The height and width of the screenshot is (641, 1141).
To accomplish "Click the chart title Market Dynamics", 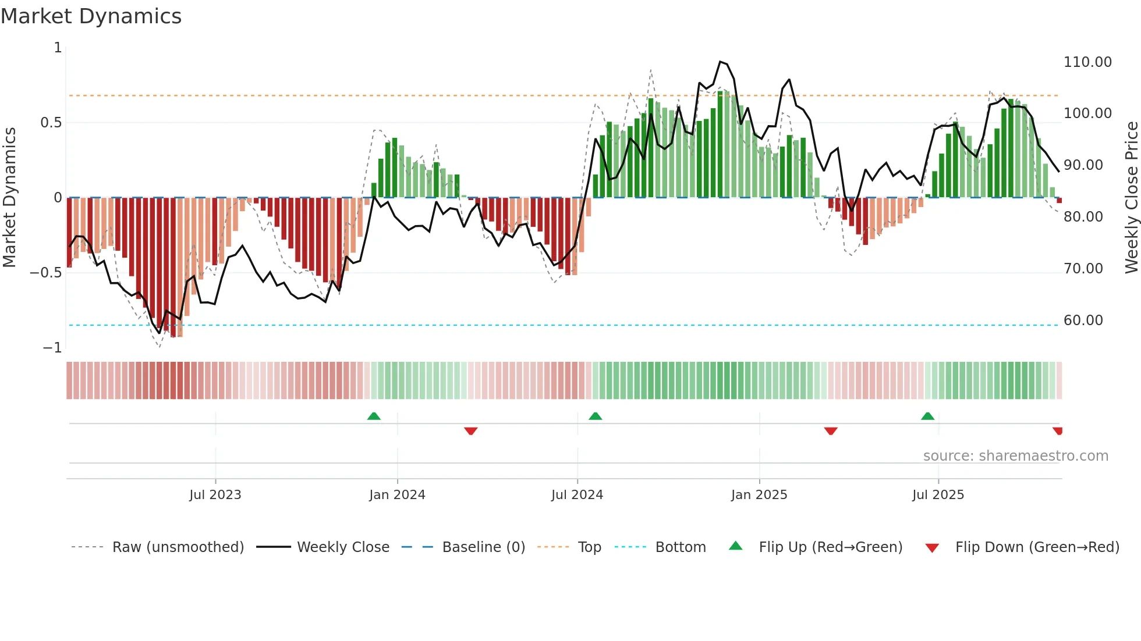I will (x=91, y=16).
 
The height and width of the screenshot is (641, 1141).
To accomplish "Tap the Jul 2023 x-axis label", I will (x=215, y=495).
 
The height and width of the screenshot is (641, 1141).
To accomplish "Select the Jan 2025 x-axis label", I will (x=759, y=495).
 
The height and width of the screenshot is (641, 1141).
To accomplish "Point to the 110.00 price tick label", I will (x=1087, y=62).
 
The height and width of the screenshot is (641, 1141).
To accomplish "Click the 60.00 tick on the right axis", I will (x=1083, y=320).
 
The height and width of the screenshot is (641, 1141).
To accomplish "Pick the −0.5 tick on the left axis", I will (x=45, y=273).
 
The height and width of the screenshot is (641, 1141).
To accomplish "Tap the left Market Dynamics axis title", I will (x=9, y=198).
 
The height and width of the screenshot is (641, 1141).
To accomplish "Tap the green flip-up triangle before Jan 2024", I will (x=374, y=416).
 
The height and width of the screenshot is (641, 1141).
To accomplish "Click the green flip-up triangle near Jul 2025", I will (x=927, y=416).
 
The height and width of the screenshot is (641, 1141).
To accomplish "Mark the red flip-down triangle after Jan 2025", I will (x=831, y=431).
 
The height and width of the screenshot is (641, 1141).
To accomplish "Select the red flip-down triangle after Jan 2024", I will (x=471, y=431).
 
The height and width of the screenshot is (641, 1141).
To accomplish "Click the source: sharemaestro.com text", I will (x=1015, y=456).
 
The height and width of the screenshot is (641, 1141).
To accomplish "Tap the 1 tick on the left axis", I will (x=58, y=48).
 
